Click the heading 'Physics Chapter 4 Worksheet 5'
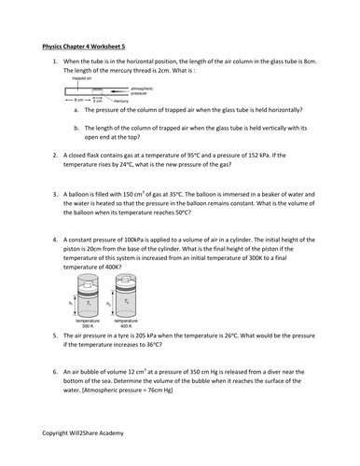tap(84, 47)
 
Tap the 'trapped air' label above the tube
tap(82, 78)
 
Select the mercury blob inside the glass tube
tap(98, 91)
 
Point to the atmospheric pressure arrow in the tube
tap(119, 91)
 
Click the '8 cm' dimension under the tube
tap(78, 100)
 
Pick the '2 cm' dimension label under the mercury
tap(98, 101)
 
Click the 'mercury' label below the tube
tap(121, 101)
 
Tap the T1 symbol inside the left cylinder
tap(89, 303)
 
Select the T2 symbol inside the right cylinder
tap(126, 301)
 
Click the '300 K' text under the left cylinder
tap(88, 326)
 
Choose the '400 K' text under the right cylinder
tap(126, 326)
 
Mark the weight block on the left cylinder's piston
tap(88, 284)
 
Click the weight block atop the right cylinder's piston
tap(126, 279)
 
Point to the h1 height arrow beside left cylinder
tap(75, 304)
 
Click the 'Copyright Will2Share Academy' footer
tap(83, 433)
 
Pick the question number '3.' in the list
tap(55, 195)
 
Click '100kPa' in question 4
tap(134, 240)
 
